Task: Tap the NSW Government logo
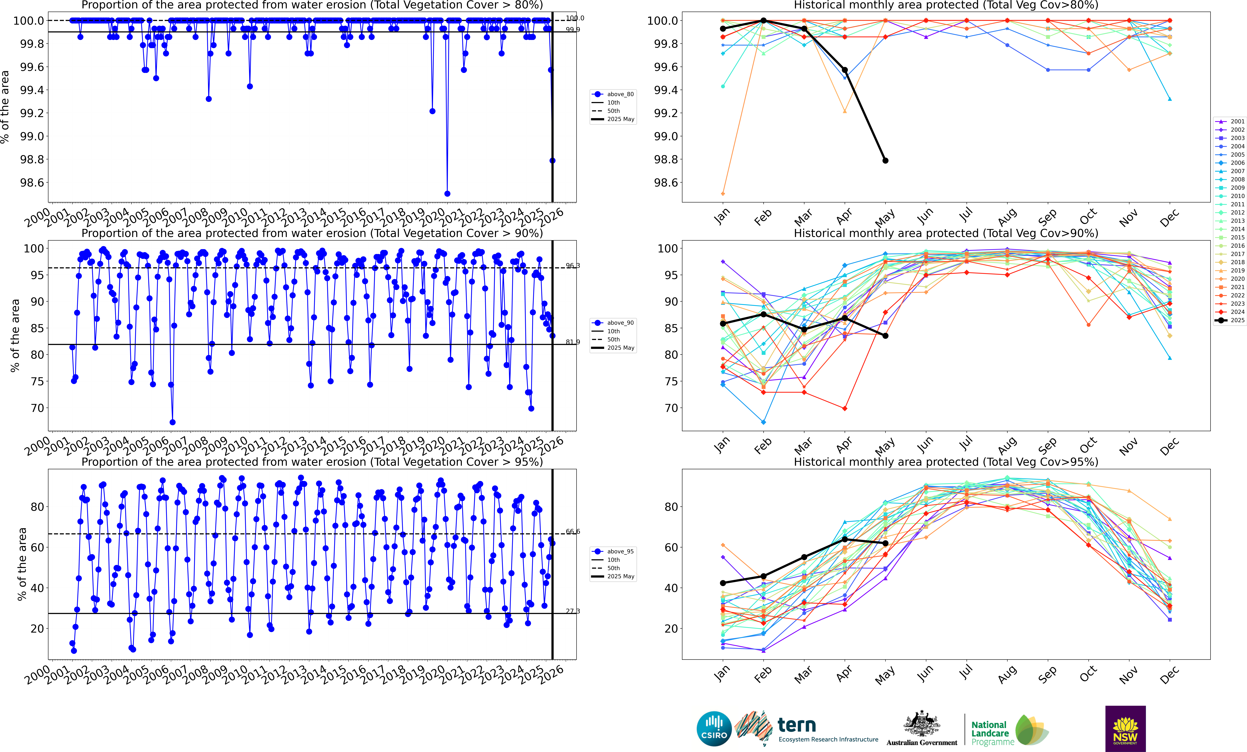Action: point(1125,729)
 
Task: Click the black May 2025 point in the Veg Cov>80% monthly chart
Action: point(885,161)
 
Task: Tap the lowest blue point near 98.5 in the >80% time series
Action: point(447,194)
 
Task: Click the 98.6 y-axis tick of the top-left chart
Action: point(31,183)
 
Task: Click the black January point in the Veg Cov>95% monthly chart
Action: point(723,583)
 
